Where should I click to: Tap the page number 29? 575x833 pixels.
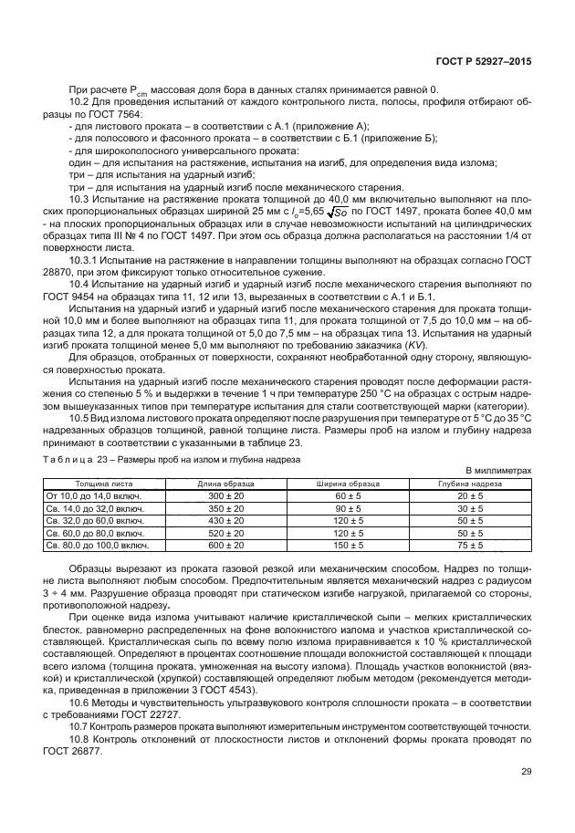tap(526, 772)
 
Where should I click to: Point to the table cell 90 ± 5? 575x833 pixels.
tap(348, 507)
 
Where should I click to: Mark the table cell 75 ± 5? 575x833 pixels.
tap(469, 546)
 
